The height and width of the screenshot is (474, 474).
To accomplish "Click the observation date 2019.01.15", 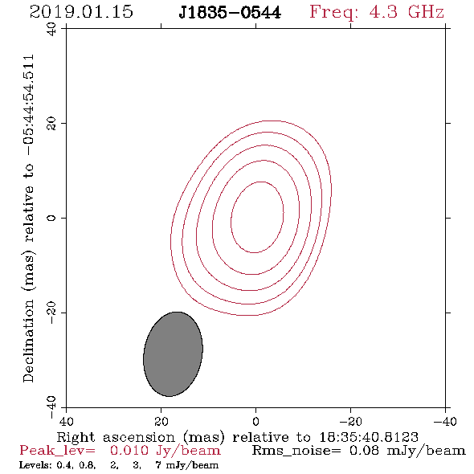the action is point(81,12).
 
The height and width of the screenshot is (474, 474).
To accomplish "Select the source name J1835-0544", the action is point(230,12).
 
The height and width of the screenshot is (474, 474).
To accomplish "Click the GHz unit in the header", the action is point(427,12).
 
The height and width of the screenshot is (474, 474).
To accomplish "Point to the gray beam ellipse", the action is point(173,354).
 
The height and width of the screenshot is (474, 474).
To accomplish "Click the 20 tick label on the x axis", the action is point(161,422).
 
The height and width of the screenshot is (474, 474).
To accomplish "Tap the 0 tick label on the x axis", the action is point(255,422).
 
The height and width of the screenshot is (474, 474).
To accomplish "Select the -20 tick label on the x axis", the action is point(350,422).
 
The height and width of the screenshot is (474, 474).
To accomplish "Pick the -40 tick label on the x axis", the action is point(445,422).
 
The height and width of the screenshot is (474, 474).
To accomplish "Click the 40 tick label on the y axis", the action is point(51,29).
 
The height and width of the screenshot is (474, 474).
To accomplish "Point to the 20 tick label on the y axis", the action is point(51,124).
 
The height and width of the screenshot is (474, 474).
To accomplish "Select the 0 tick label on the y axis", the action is point(51,218).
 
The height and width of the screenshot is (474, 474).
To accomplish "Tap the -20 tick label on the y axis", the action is point(51,313).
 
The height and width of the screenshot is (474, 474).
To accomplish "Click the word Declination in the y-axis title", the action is point(28,341).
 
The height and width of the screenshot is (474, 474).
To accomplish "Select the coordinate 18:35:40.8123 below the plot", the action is point(369,437).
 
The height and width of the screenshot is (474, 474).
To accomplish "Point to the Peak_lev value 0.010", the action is point(129,451).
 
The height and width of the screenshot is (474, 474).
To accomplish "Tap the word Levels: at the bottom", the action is point(36,465).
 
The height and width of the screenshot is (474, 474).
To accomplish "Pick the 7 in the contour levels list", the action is point(158,465).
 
